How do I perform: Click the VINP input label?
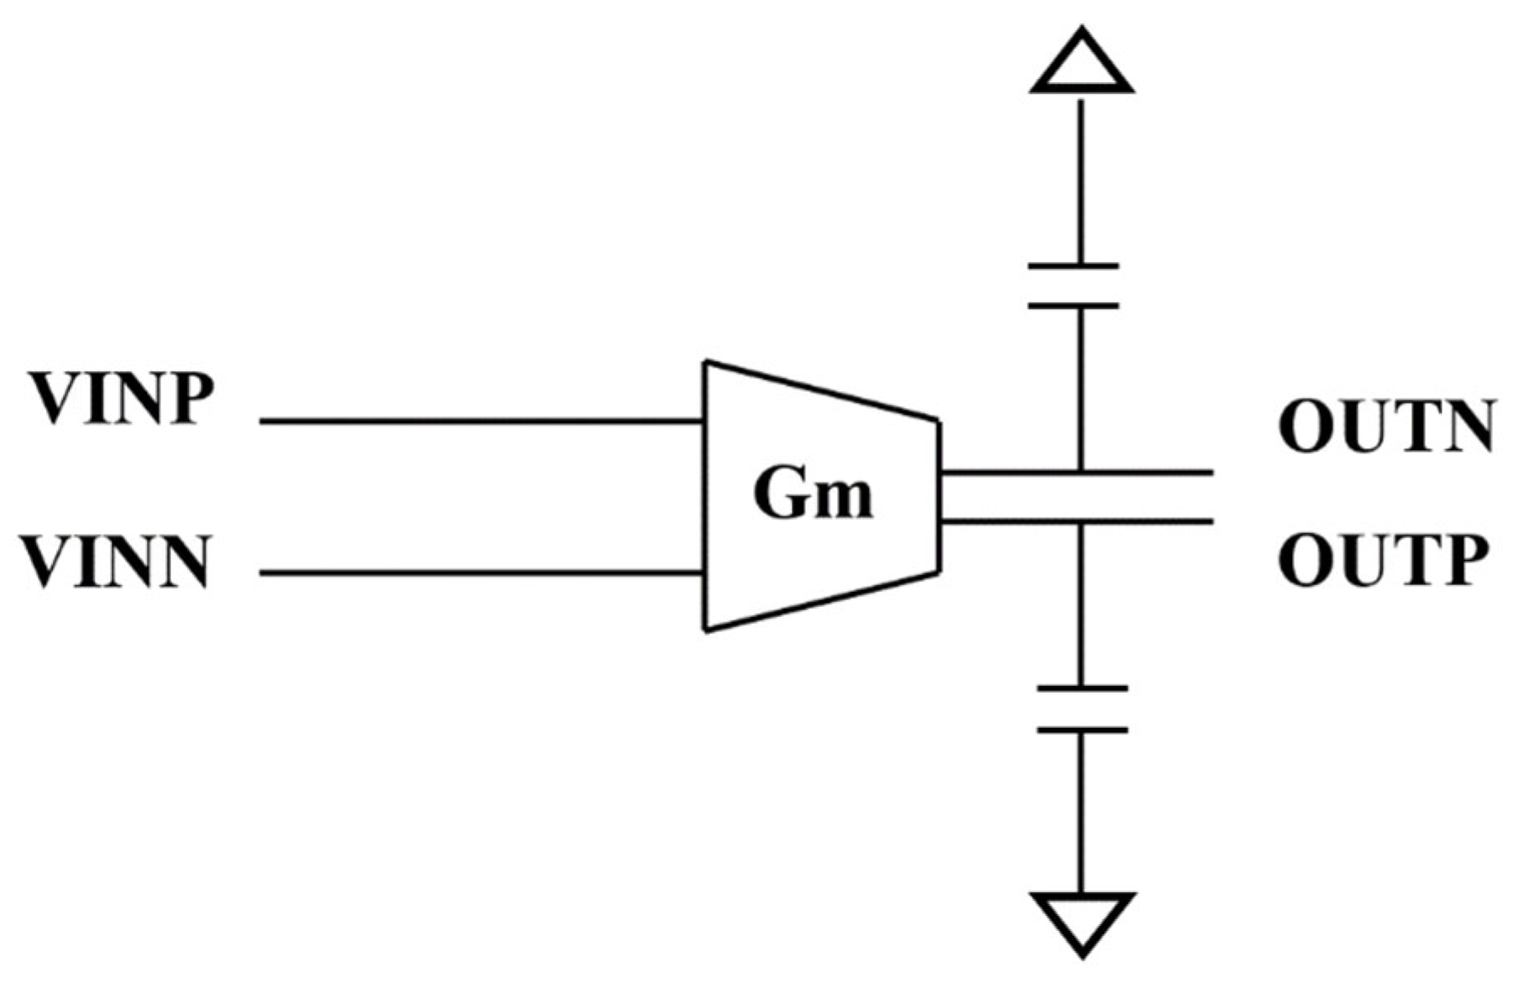coord(122,399)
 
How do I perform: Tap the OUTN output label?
coord(1385,427)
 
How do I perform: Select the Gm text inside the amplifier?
coord(813,494)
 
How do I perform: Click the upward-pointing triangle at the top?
coord(1082,63)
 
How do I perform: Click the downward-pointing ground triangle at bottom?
coord(1082,922)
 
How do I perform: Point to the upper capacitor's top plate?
coord(1073,266)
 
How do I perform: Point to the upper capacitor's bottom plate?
coord(1073,306)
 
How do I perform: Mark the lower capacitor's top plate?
coord(1082,688)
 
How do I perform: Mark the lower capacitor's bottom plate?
coord(1082,730)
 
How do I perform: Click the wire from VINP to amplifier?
coord(479,421)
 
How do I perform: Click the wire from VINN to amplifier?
coord(479,573)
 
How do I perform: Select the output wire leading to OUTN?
coord(1159,473)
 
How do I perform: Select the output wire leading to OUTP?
coord(1159,522)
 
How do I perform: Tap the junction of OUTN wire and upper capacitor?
coord(1081,473)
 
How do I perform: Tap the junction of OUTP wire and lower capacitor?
coord(1081,522)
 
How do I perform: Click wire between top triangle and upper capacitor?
coord(1081,180)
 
